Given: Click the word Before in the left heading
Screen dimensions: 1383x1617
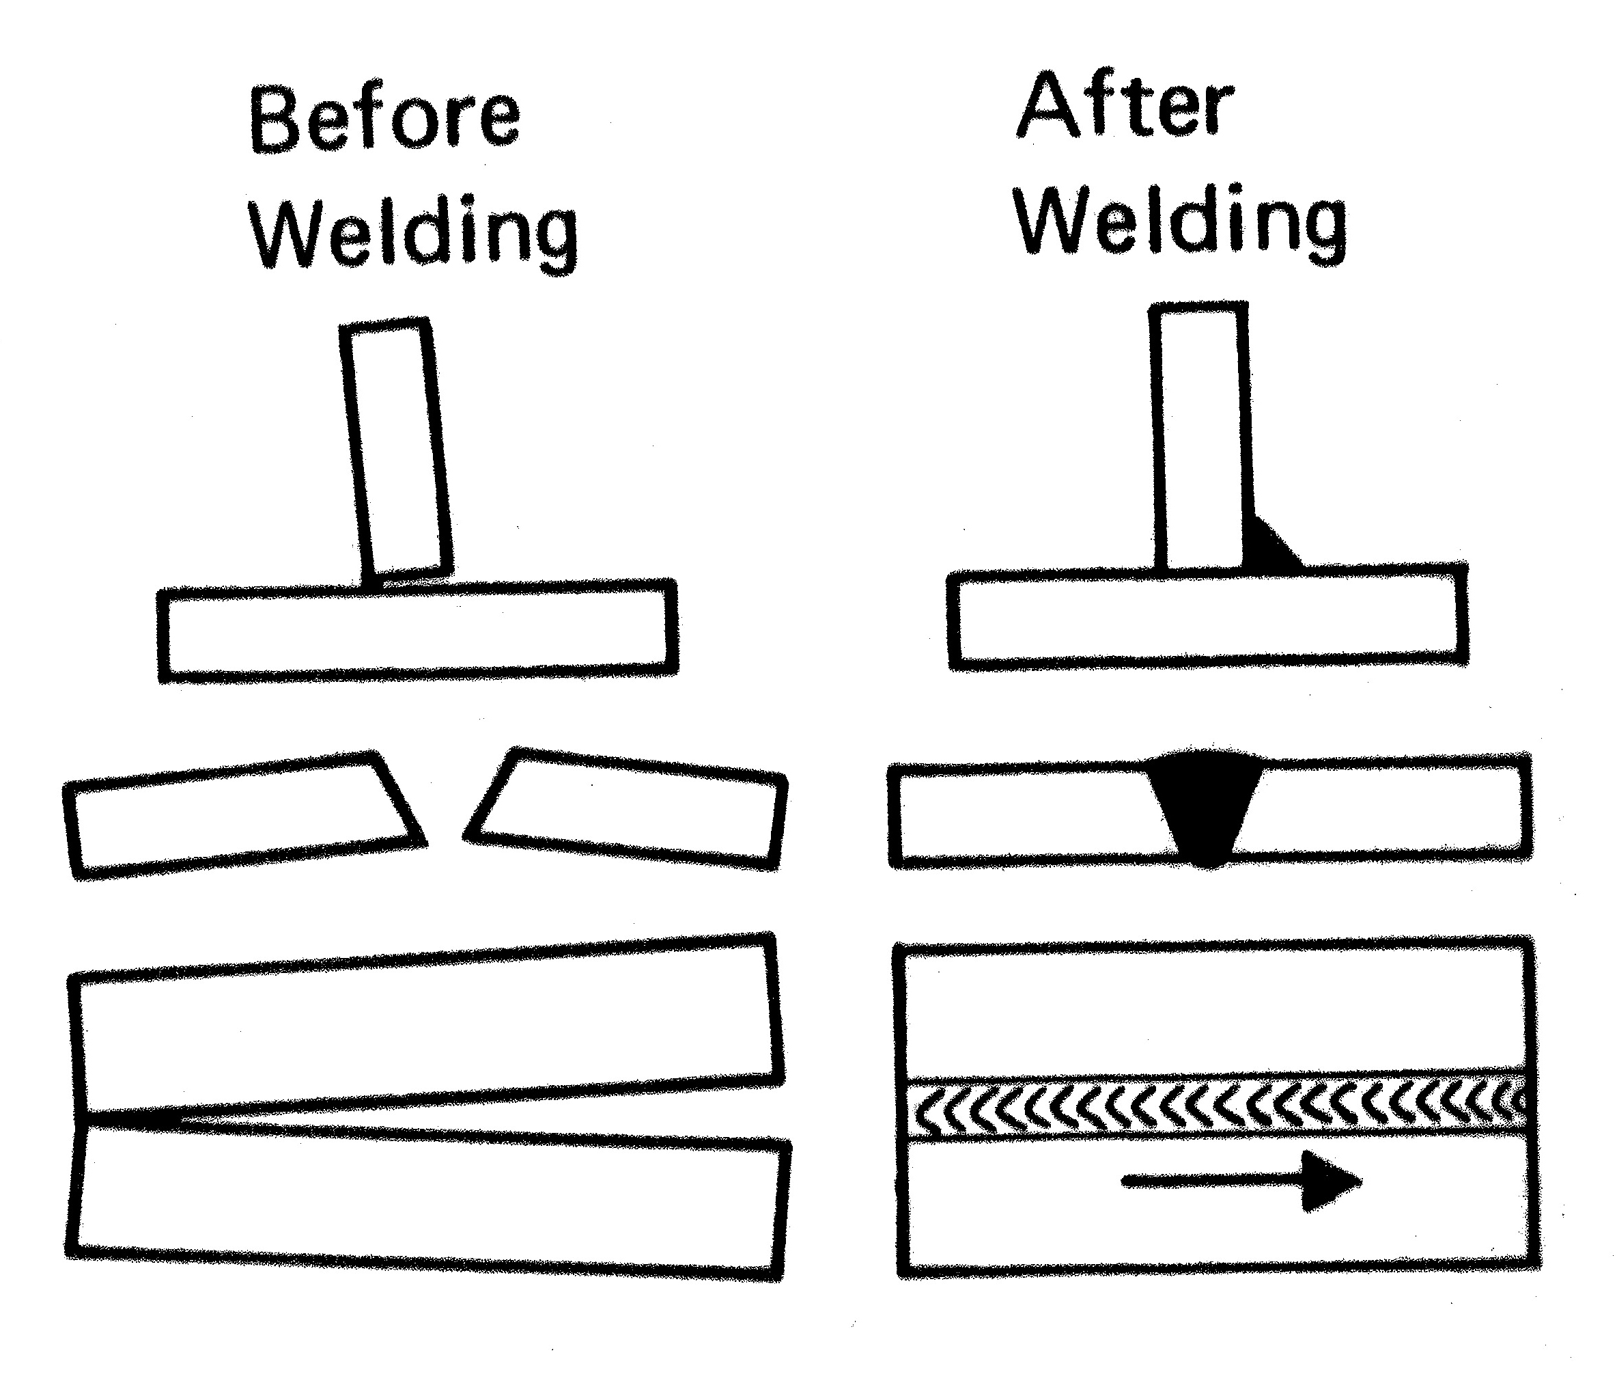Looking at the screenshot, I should (384, 120).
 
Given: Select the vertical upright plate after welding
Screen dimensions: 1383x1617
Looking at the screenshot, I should (1198, 437).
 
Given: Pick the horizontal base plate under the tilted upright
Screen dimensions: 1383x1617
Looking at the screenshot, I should (417, 633).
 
